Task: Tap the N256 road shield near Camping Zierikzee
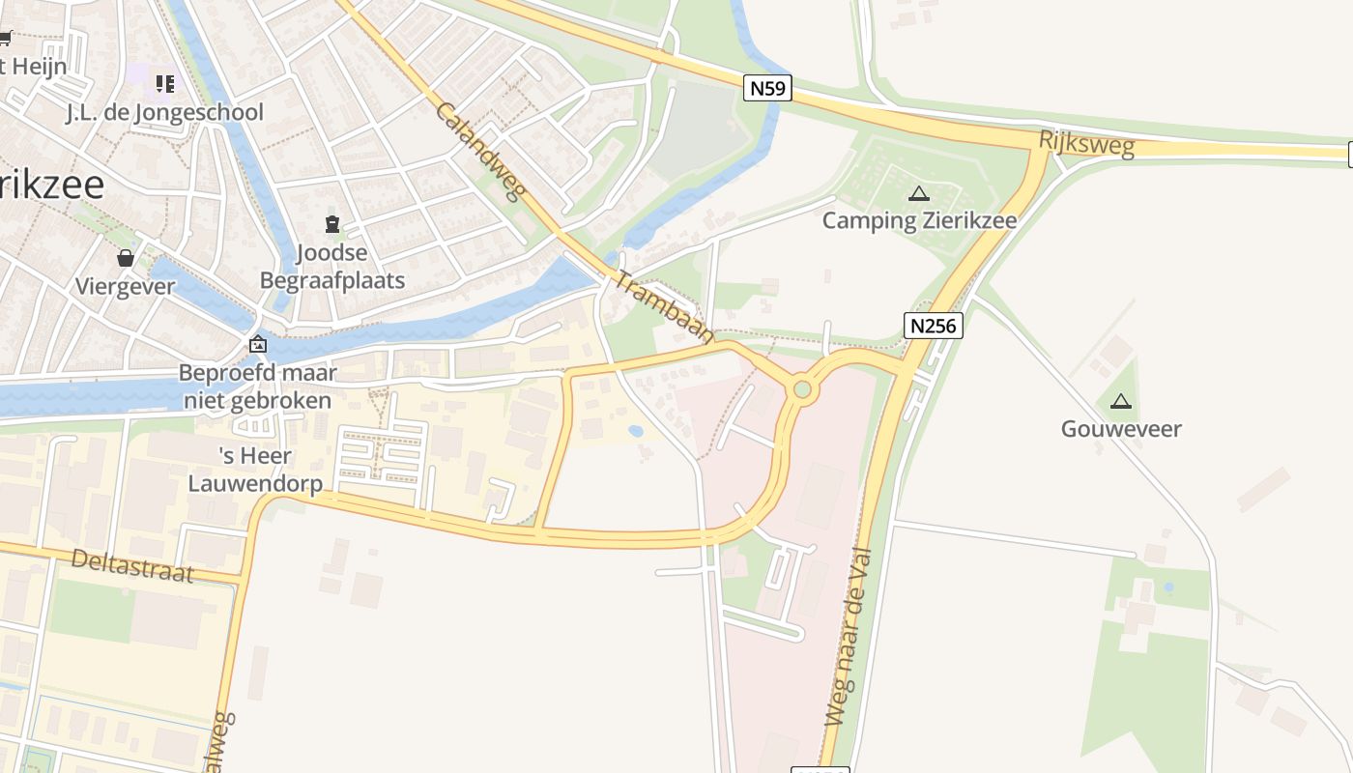pyautogui.click(x=935, y=326)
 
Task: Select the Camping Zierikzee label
pyautogui.click(x=919, y=220)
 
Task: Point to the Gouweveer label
pyautogui.click(x=1121, y=429)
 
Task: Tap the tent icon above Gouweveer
pyautogui.click(x=1121, y=401)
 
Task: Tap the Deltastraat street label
pyautogui.click(x=132, y=566)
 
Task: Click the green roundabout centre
pyautogui.click(x=801, y=389)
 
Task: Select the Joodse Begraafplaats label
pyautogui.click(x=332, y=267)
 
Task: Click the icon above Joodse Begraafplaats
pyautogui.click(x=332, y=225)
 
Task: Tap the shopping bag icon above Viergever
pyautogui.click(x=126, y=258)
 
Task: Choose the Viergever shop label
pyautogui.click(x=126, y=286)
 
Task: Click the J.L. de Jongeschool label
pyautogui.click(x=164, y=113)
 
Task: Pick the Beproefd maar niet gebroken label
pyautogui.click(x=257, y=386)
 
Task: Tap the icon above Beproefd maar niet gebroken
pyautogui.click(x=258, y=344)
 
